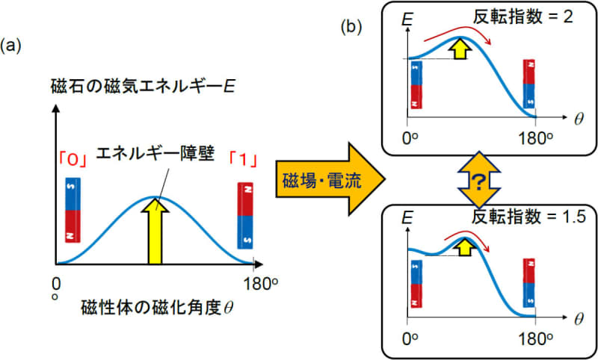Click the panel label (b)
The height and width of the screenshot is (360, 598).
tap(352, 28)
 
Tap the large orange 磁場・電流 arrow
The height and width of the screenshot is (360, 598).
tap(329, 179)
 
